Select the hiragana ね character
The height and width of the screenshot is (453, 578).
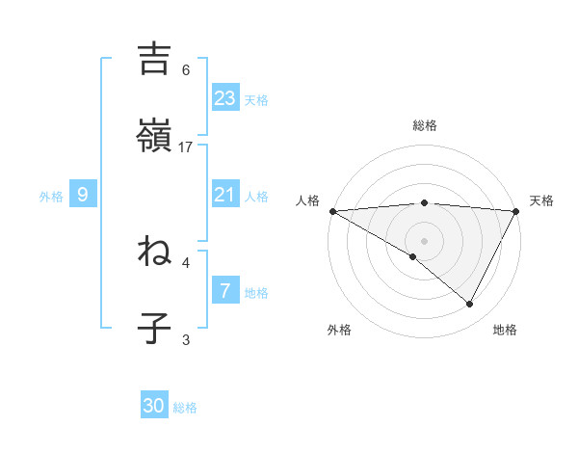click(154, 252)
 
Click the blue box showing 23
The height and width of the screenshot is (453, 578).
click(224, 97)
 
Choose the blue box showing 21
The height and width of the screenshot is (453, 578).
click(224, 195)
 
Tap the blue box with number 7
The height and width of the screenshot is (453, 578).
click(224, 290)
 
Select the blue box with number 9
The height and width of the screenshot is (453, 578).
click(83, 195)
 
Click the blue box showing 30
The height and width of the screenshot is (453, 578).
click(154, 406)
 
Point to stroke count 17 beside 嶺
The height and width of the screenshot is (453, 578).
click(187, 147)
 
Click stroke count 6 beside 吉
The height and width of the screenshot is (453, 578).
click(186, 69)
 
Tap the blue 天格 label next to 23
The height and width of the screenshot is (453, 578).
click(255, 100)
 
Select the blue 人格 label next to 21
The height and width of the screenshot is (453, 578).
click(255, 197)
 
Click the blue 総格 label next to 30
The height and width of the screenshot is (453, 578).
click(185, 408)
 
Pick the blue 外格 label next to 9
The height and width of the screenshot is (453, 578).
click(51, 197)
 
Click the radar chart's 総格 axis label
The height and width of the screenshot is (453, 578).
click(425, 125)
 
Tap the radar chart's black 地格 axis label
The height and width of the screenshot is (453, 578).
click(505, 330)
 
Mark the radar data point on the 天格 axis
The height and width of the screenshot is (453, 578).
click(516, 211)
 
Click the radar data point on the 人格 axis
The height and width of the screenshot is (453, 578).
click(332, 211)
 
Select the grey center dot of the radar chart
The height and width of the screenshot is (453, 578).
click(424, 240)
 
